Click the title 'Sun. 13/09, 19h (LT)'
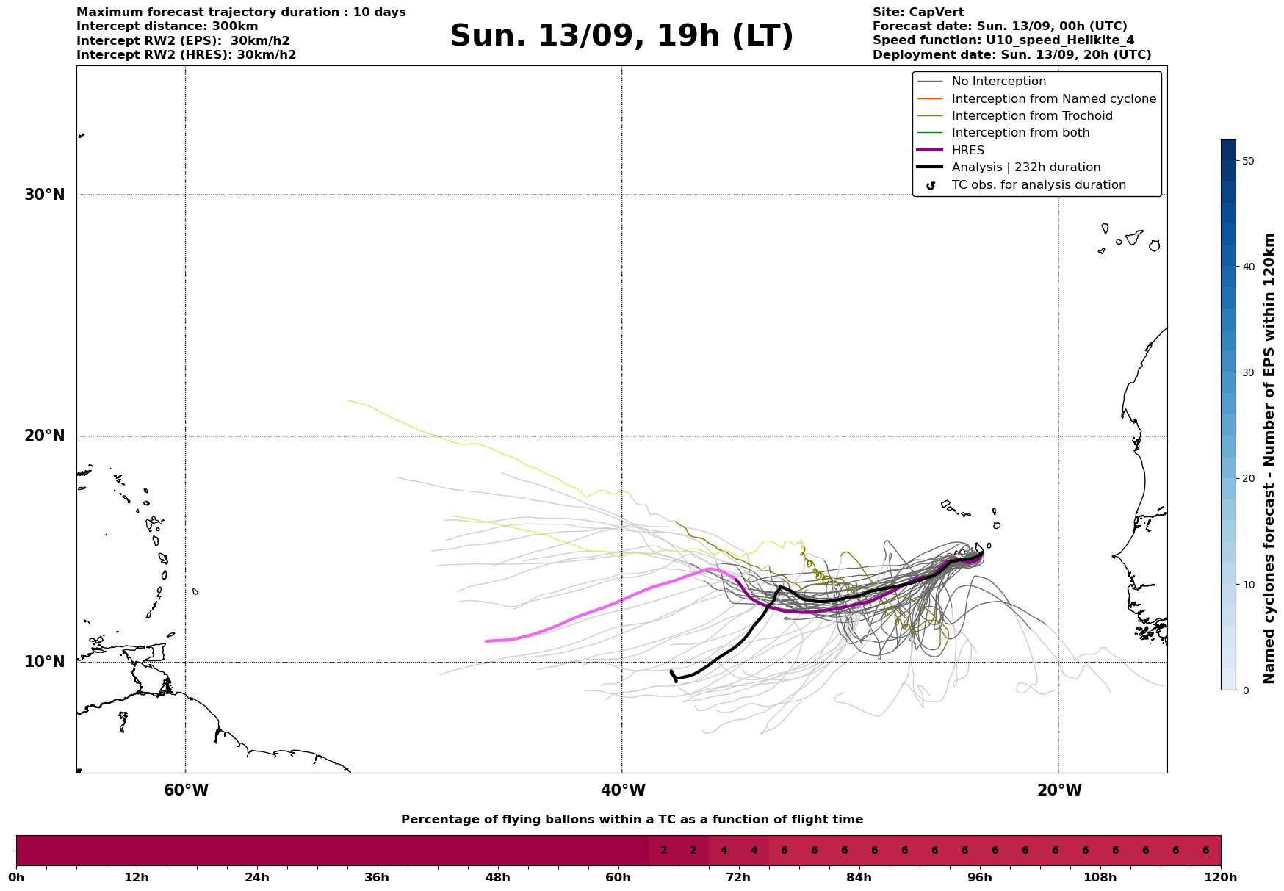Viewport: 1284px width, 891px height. coord(621,36)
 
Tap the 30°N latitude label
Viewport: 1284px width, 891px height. coord(45,195)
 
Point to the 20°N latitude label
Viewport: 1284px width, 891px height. coord(45,436)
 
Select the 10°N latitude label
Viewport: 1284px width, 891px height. coord(45,662)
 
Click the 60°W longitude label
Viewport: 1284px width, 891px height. coord(186,790)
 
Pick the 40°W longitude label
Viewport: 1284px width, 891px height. coord(623,790)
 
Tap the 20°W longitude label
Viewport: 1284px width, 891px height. coord(1059,790)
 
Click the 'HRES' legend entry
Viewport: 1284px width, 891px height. coord(967,151)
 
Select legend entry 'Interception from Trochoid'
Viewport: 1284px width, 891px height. coord(1032,116)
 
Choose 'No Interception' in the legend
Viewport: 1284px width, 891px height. coord(999,82)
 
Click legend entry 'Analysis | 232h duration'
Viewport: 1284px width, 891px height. coord(1026,167)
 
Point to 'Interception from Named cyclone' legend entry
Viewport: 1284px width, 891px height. coord(1054,99)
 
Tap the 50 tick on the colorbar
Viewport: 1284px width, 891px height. coord(1247,161)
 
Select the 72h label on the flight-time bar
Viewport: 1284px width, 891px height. coord(738,878)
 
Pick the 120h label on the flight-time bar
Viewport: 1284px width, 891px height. coord(1221,878)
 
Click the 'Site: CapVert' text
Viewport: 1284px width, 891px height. coord(918,12)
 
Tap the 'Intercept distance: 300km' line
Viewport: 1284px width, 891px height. coord(167,26)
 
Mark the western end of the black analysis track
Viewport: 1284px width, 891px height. coord(671,671)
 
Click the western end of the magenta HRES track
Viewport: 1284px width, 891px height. coord(486,641)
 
